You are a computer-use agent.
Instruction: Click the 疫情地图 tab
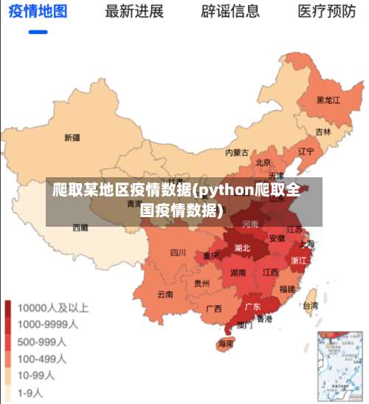tap(38, 12)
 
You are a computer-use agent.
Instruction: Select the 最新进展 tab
tap(134, 12)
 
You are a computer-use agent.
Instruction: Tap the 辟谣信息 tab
tap(230, 12)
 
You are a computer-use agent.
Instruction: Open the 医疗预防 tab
tap(326, 12)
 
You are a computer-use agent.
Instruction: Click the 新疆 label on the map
tap(72, 137)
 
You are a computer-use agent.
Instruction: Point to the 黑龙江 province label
tap(328, 100)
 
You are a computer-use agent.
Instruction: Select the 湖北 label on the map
tap(242, 247)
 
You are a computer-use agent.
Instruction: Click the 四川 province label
tap(178, 252)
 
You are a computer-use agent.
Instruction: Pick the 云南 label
tap(165, 293)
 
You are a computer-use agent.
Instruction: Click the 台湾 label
tap(311, 305)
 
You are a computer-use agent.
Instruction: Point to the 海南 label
tap(225, 343)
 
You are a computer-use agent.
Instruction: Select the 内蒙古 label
tap(237, 153)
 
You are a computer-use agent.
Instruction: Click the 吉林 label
tap(323, 131)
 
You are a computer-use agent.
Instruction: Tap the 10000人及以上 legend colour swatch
tap(10, 307)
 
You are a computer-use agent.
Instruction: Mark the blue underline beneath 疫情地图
tap(38, 32)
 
